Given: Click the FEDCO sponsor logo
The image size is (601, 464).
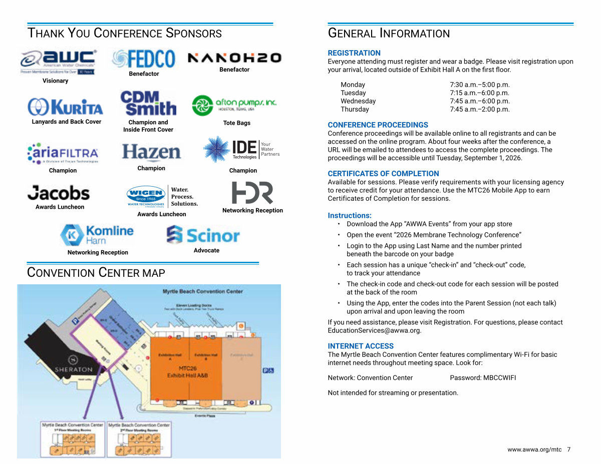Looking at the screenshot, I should pos(144,59).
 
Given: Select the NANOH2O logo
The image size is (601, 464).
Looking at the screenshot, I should pos(234,58).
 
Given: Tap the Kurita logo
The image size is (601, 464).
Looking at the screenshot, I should pos(66,107).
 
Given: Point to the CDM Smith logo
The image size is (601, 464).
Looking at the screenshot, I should pos(148,103).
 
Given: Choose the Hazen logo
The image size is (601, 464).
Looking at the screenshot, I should pos(151,153).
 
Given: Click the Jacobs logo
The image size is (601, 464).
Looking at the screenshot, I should pos(59,193).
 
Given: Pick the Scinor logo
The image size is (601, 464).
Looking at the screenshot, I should pos(203,234).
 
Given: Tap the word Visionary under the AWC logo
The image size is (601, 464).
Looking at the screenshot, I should pos(55,81).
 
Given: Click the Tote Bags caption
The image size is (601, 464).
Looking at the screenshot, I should pos(236,123).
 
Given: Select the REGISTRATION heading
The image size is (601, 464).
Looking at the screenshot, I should pos(354,53).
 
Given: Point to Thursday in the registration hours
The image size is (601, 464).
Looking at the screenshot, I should pos(355,109).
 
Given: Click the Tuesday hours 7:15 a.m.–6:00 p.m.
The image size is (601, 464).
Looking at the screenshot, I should pos(479,93).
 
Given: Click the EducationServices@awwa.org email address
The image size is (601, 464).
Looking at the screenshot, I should pos(374,330).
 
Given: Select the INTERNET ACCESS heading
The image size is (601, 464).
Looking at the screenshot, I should pos(361,346).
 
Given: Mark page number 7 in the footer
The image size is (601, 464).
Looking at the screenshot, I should pos(568,449).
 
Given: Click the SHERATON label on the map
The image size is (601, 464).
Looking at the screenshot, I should pos(74,369).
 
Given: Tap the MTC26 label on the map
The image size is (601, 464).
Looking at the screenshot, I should pos(187,368).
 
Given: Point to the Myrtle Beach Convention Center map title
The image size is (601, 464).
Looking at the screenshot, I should pos(202,291).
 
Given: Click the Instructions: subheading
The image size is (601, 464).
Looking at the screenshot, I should pos(350,216).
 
